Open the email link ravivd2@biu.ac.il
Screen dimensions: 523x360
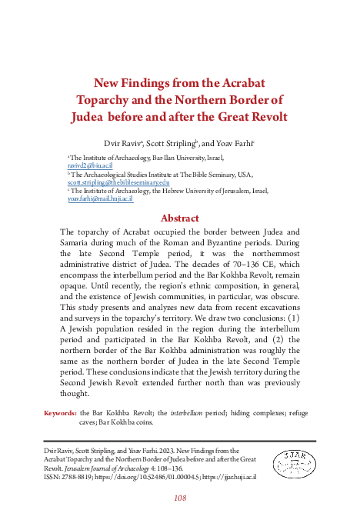pyautogui.click(x=91, y=165)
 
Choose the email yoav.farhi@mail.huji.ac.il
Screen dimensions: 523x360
pyautogui.click(x=101, y=198)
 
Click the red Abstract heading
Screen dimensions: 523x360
pyautogui.click(x=179, y=218)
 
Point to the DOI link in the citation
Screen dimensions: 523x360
pyautogui.click(x=174, y=477)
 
